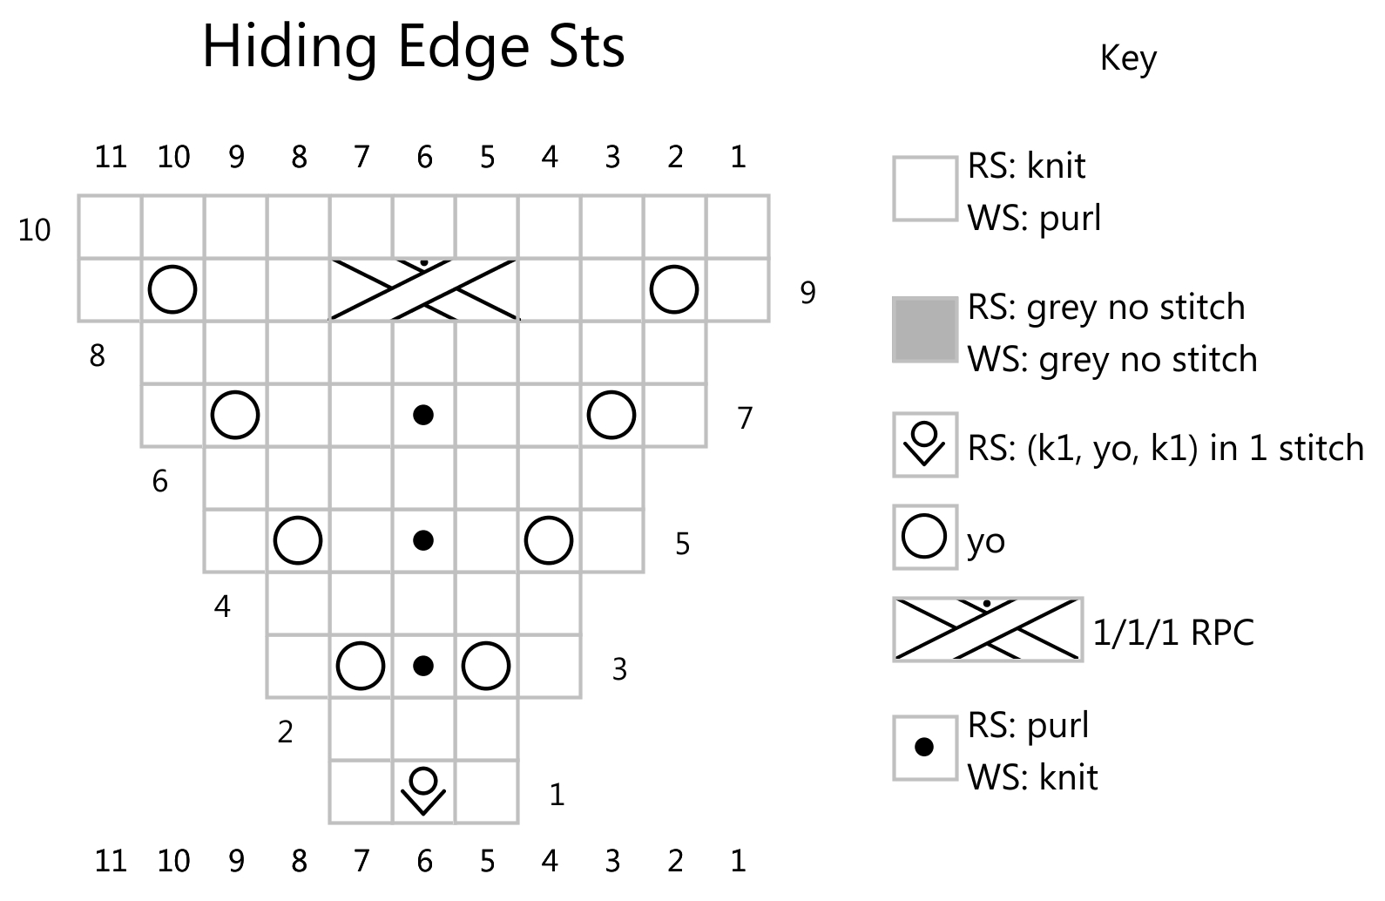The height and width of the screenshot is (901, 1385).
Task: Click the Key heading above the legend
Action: pos(1128,58)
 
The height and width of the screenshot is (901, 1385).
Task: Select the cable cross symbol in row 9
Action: pos(423,289)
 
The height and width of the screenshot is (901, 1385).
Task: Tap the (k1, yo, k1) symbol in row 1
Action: pos(423,790)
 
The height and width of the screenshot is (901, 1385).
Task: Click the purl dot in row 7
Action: pos(423,415)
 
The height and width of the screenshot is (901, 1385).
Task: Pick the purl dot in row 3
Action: pos(423,666)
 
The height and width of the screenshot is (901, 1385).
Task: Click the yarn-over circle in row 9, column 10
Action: pos(172,289)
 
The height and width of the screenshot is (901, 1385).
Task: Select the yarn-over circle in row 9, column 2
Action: pos(674,289)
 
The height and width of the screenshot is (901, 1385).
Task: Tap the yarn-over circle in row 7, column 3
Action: pos(611,415)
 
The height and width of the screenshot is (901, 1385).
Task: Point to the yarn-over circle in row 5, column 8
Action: pos(298,540)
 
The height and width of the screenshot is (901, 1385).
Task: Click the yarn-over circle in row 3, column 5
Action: pos(486,666)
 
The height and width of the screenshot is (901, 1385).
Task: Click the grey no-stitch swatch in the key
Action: pos(924,329)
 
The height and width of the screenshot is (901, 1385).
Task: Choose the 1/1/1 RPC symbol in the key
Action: pos(988,629)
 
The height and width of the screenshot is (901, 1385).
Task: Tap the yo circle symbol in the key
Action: pos(924,537)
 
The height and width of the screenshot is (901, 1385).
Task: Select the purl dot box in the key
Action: pos(924,747)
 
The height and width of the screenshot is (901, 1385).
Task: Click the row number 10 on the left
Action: pos(35,231)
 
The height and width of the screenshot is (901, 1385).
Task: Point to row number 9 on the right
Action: pos(807,294)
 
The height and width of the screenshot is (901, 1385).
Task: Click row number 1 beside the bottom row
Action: pos(557,795)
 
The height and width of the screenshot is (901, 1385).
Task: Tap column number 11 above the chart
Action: pos(111,157)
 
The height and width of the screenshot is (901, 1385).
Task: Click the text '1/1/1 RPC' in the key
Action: pos(1172,632)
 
